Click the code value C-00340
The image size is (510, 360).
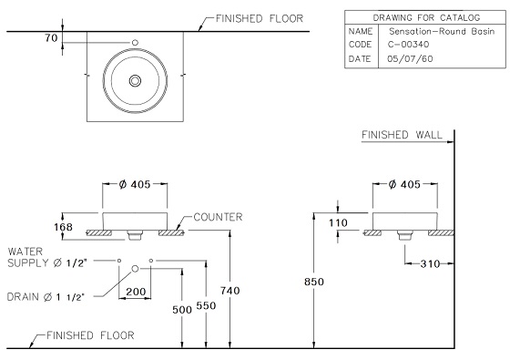pos(408,45)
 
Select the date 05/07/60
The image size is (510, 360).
pos(410,59)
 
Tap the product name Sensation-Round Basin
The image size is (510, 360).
pos(442,32)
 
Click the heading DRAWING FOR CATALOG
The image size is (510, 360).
pos(426,17)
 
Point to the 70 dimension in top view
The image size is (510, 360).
pos(51,38)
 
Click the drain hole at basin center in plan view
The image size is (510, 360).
pos(135,81)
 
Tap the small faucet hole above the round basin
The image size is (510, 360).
pos(135,42)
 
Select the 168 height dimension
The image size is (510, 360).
pos(63,227)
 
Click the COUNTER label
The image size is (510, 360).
pos(218,217)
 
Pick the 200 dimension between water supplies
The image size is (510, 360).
pos(136,292)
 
